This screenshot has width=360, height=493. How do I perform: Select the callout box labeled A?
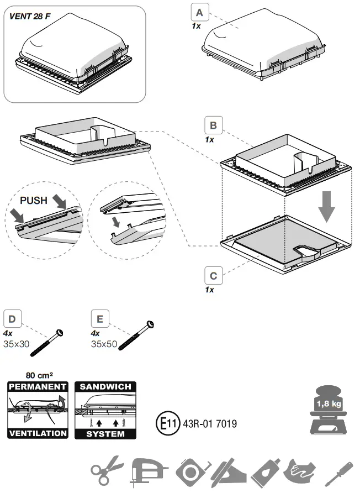coord(199,12)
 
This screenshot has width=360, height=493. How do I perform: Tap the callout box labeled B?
coord(213,125)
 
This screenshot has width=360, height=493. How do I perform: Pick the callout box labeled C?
coord(213,274)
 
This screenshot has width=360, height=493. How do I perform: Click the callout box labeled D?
coord(13,319)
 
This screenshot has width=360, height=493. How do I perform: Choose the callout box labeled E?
coord(99,319)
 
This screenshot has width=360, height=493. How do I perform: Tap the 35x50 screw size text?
coord(103,344)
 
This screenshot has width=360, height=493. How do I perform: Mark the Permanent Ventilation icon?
coord(38,410)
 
